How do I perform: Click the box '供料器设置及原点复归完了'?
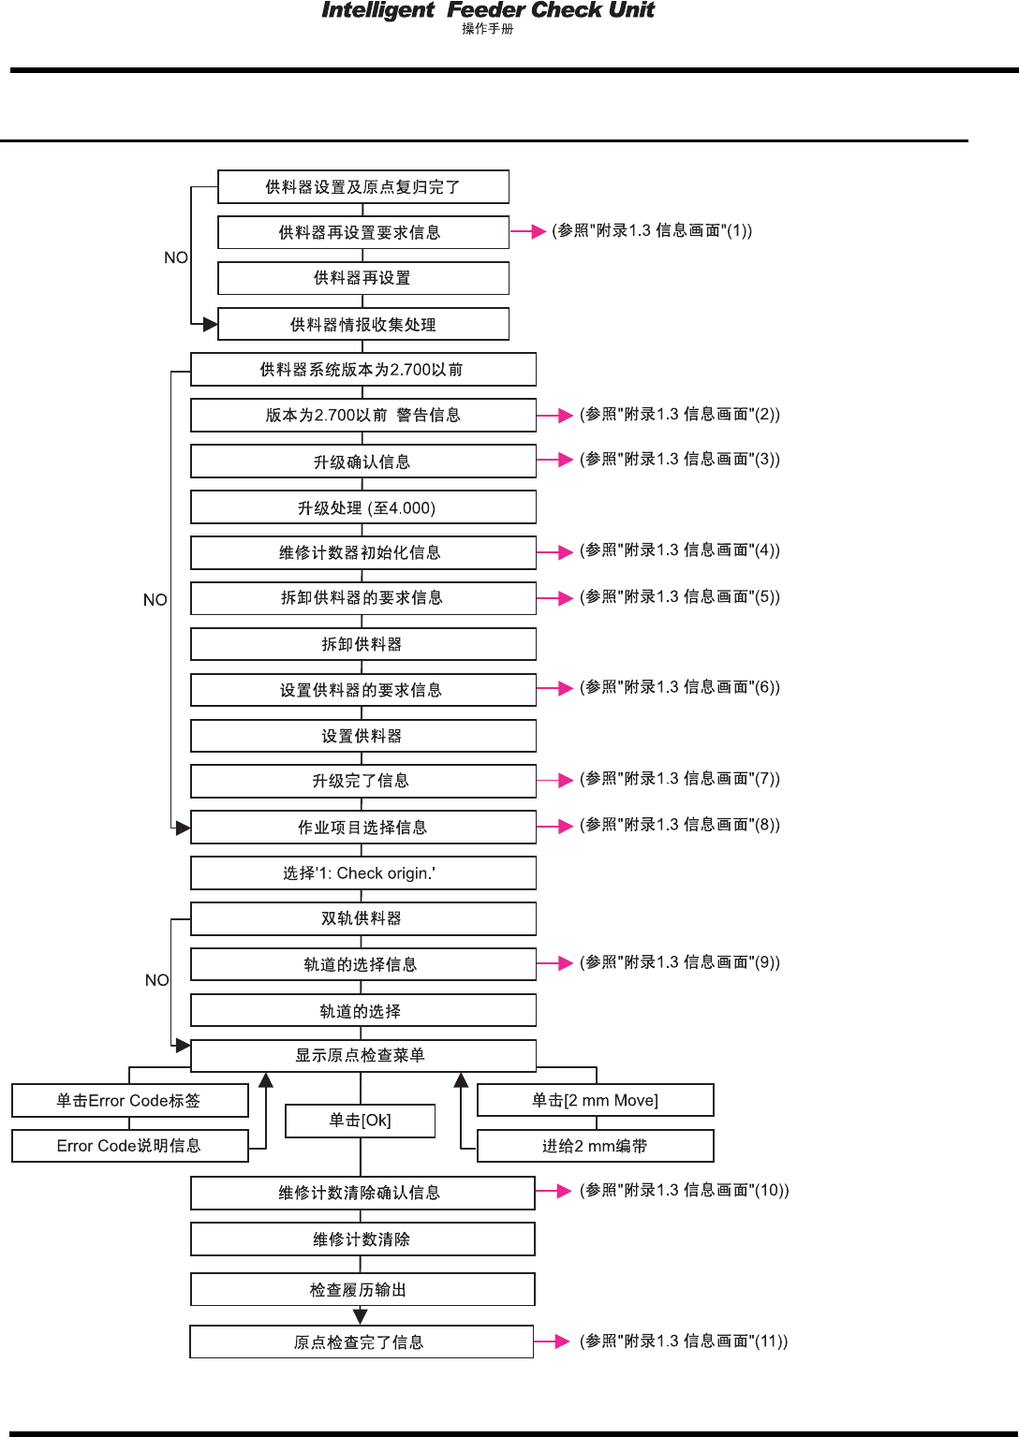coord(363,187)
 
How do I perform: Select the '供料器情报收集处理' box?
coord(363,325)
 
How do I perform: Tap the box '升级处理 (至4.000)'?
coord(363,507)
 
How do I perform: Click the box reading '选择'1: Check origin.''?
coord(363,873)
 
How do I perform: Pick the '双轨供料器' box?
coord(363,918)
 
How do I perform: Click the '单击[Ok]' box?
coord(361,1121)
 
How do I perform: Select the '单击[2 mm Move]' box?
coord(596,1100)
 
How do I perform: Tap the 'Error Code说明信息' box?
coord(130,1146)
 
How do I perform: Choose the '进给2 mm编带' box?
coord(596,1146)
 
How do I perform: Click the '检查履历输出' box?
coord(362,1290)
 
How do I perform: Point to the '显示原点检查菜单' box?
coord(363,1056)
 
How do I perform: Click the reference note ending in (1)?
coord(652,230)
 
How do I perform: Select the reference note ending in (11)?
coord(684,1342)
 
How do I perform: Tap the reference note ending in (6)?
coord(680,687)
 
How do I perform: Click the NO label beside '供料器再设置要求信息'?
coord(176,257)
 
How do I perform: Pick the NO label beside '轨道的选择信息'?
coord(157,980)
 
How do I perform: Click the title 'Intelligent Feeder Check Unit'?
coord(488,10)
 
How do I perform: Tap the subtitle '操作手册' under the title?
coord(488,29)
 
